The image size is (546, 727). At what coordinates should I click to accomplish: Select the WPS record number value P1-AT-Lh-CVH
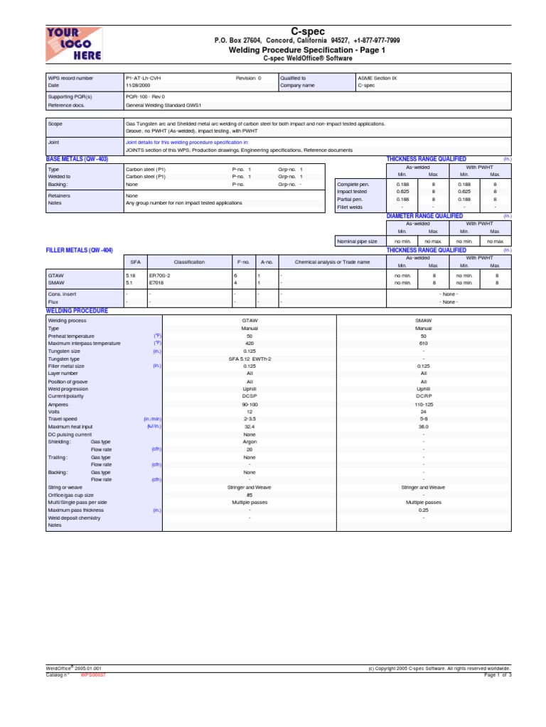coord(146,78)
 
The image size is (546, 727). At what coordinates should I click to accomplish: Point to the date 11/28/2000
coord(138,85)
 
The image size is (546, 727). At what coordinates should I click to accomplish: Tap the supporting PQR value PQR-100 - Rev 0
coord(145,96)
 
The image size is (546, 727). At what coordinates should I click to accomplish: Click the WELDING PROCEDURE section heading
coord(77,311)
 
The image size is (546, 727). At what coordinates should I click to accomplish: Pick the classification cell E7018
coord(156,282)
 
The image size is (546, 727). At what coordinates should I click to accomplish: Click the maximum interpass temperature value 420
coord(250,344)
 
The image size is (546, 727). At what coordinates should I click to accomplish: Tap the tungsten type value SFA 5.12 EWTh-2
coord(250,359)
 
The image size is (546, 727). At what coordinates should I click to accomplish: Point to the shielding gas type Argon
coord(250,441)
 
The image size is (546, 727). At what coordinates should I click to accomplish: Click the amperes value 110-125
coord(424,404)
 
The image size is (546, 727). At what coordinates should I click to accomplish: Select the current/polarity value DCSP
coord(250,396)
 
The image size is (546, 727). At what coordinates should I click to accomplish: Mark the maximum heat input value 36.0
coord(424,427)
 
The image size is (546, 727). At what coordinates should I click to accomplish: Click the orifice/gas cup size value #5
coord(250,494)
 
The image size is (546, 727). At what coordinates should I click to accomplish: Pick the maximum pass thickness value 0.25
coord(424,510)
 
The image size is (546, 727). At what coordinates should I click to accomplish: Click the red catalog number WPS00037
coord(94,675)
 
